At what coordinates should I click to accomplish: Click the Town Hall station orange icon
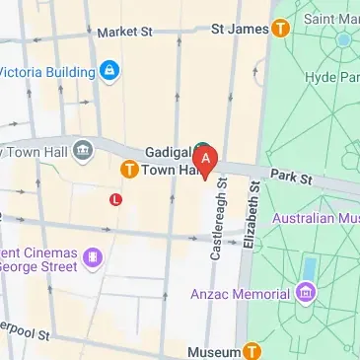click(x=128, y=170)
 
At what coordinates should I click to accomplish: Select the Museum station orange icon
click(x=252, y=351)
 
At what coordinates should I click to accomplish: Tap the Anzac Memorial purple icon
click(x=307, y=293)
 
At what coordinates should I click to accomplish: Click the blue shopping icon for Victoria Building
click(x=110, y=70)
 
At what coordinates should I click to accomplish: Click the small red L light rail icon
click(x=115, y=199)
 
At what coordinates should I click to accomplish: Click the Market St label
click(x=125, y=33)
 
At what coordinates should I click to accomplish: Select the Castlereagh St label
click(x=219, y=225)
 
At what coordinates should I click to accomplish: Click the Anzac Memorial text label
click(x=252, y=293)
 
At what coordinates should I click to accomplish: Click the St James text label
click(x=240, y=29)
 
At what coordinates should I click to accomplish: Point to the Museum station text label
click(x=213, y=352)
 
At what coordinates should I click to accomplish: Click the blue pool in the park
click(x=310, y=268)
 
